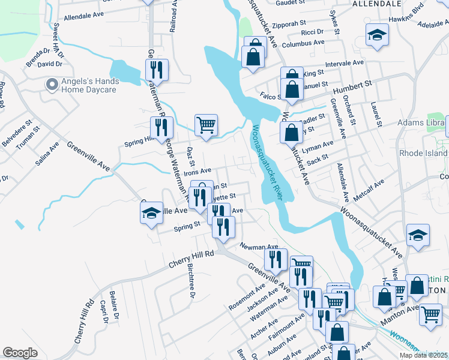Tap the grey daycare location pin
(52, 85)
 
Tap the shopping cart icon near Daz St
(206, 125)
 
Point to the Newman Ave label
(259, 246)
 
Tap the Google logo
(20, 353)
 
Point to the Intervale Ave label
(345, 62)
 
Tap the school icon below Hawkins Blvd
(377, 37)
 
